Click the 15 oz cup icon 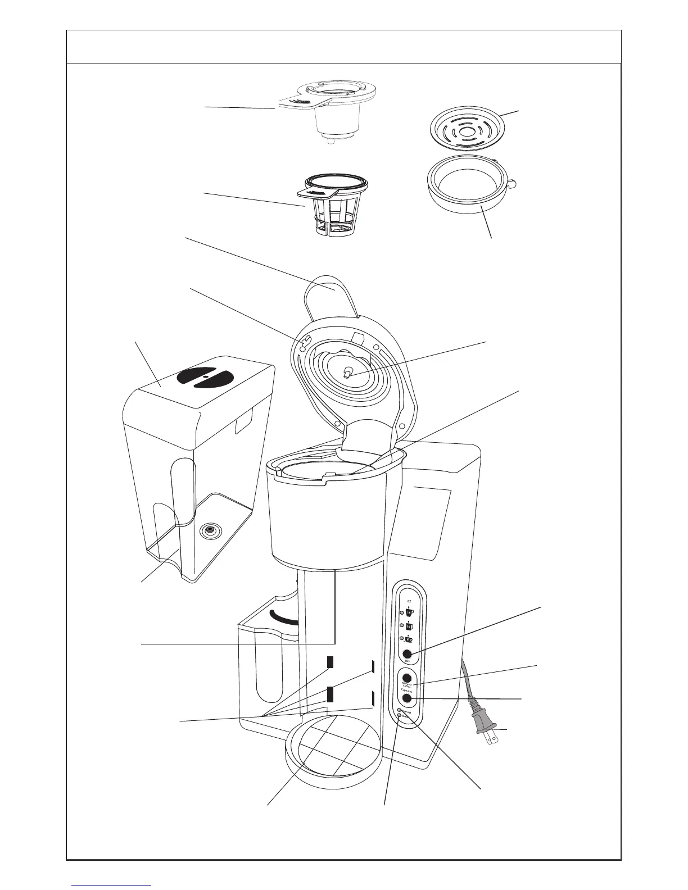tap(409, 612)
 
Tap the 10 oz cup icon tap(409, 626)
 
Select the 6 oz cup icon tap(409, 639)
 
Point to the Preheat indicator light tap(400, 711)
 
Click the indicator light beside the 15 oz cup tap(401, 612)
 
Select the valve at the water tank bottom tap(211, 530)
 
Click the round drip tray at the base tap(334, 744)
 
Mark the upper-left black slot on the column tap(331, 661)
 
